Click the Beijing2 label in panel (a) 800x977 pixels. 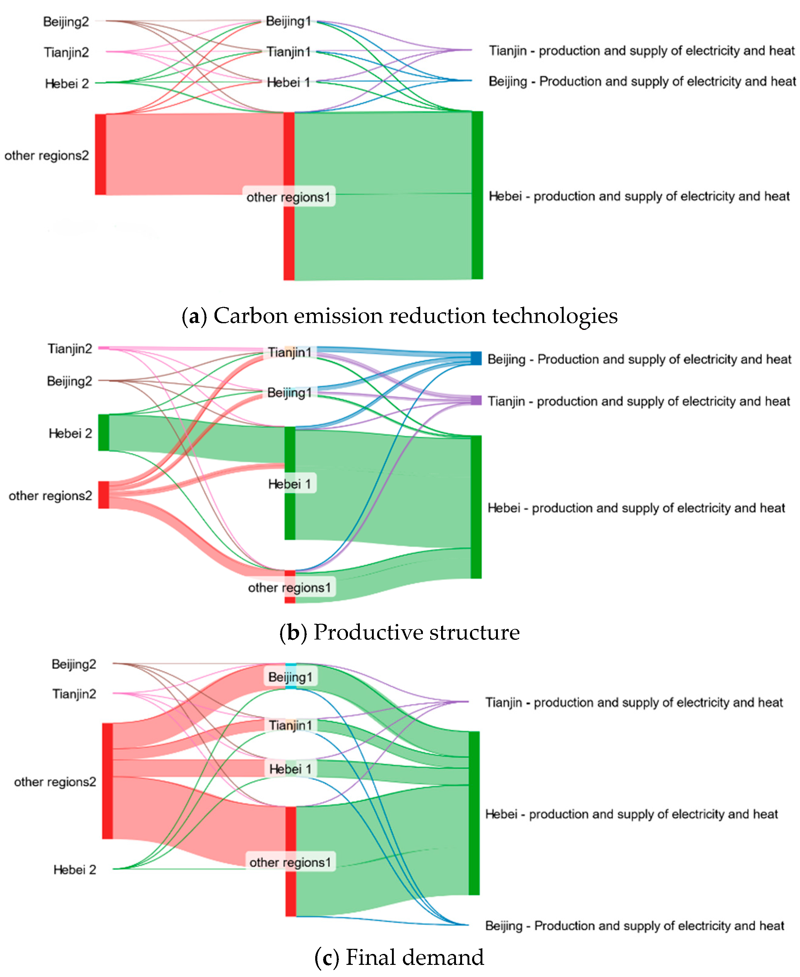point(66,22)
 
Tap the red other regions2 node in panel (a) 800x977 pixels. point(100,154)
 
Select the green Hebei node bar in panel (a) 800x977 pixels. point(477,195)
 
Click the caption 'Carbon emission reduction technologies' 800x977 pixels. point(400,316)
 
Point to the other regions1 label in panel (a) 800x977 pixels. point(289,197)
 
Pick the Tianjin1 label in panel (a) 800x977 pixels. point(289,52)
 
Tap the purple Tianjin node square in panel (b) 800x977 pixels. point(476,400)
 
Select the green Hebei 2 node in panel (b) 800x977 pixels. point(104,432)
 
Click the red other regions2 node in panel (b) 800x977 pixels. point(104,495)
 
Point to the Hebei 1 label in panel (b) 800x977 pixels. point(289,484)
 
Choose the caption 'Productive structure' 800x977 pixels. point(400,632)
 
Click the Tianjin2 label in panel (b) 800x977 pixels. point(70,349)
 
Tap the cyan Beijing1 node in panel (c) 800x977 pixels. point(291,676)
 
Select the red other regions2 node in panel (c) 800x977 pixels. point(107,781)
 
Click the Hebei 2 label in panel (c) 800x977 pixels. point(75,869)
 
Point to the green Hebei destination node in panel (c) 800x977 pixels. point(474,813)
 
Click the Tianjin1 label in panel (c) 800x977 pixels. point(290,725)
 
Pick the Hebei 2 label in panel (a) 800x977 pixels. point(67,83)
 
